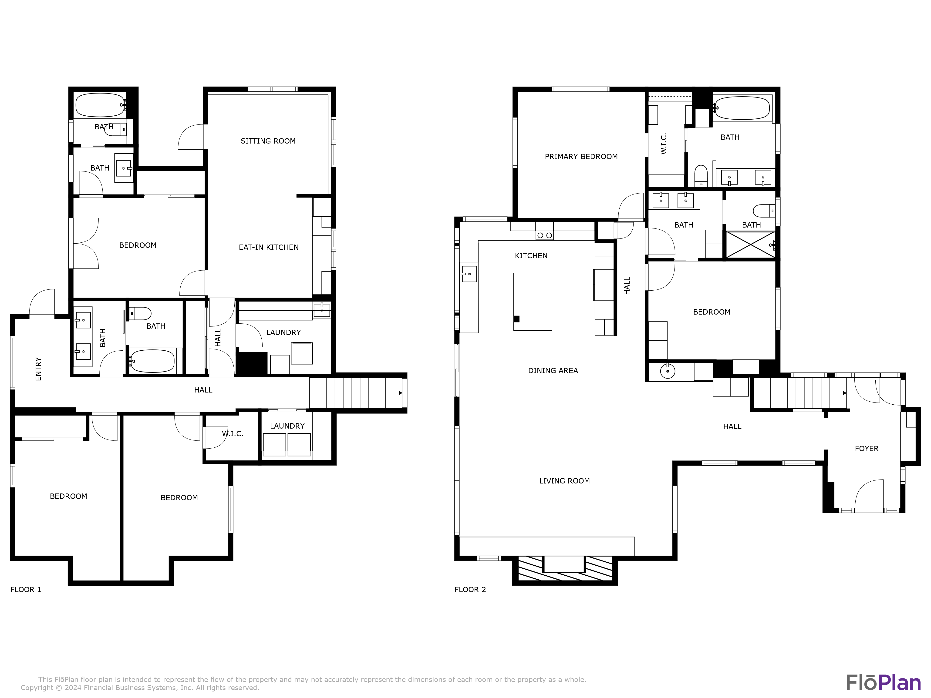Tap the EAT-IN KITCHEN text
click(269, 247)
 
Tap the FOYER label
click(866, 449)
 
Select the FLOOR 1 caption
click(26, 589)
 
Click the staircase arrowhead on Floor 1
click(400, 393)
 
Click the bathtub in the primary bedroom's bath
click(742, 108)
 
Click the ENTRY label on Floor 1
click(38, 369)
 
